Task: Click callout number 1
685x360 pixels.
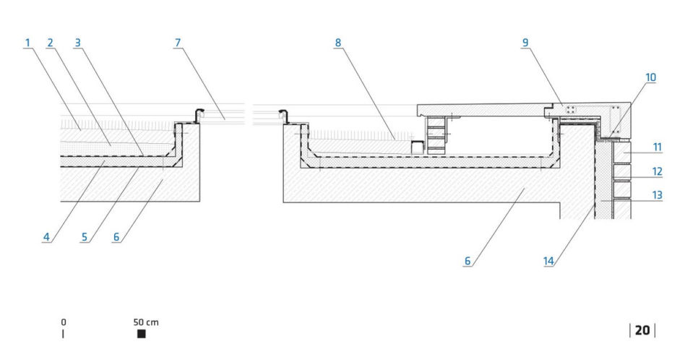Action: pyautogui.click(x=27, y=43)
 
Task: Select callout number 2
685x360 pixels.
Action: pyautogui.click(x=50, y=43)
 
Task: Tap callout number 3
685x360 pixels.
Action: pyautogui.click(x=78, y=43)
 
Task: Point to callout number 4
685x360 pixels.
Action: pyautogui.click(x=46, y=237)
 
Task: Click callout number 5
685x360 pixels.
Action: pyautogui.click(x=85, y=237)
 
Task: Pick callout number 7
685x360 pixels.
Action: pyautogui.click(x=178, y=43)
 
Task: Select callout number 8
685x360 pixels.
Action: pyautogui.click(x=338, y=43)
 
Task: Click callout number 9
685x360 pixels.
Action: pyautogui.click(x=525, y=43)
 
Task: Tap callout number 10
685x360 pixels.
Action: pyautogui.click(x=651, y=77)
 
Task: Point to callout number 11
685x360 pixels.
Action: pyautogui.click(x=658, y=147)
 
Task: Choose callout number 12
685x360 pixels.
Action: pyautogui.click(x=658, y=171)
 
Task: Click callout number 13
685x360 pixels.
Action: pyautogui.click(x=658, y=195)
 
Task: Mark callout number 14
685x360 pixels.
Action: pyautogui.click(x=548, y=261)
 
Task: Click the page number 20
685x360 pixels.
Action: pyautogui.click(x=642, y=330)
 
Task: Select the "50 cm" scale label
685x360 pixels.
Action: pyautogui.click(x=146, y=322)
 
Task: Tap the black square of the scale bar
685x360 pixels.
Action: pyautogui.click(x=142, y=334)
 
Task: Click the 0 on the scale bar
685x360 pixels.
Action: pyautogui.click(x=64, y=322)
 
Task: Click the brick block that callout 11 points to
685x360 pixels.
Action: pyautogui.click(x=621, y=152)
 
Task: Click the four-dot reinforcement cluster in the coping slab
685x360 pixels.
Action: pyautogui.click(x=571, y=109)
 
